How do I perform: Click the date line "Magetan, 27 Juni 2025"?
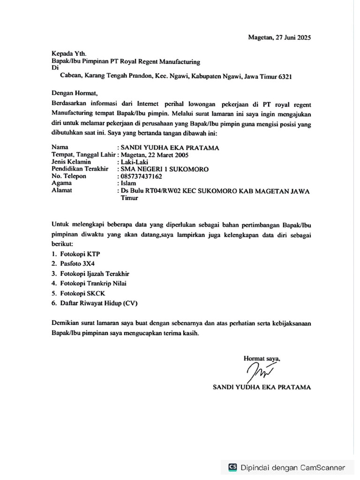279,37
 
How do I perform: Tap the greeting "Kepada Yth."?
69,54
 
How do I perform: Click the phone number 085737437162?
142,176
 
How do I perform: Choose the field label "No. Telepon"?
70,176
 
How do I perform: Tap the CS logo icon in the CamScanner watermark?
232,467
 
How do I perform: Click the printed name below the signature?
262,388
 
